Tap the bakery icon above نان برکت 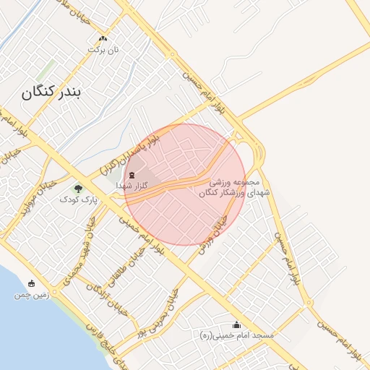click(103, 39)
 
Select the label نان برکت click(103, 50)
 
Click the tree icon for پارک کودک click(78, 189)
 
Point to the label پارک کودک click(78, 199)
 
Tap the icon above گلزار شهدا click(132, 176)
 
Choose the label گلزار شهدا click(132, 186)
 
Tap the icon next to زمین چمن click(31, 283)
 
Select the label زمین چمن click(30, 294)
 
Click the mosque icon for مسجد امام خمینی click(236, 325)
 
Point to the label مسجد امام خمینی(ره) click(236, 336)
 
